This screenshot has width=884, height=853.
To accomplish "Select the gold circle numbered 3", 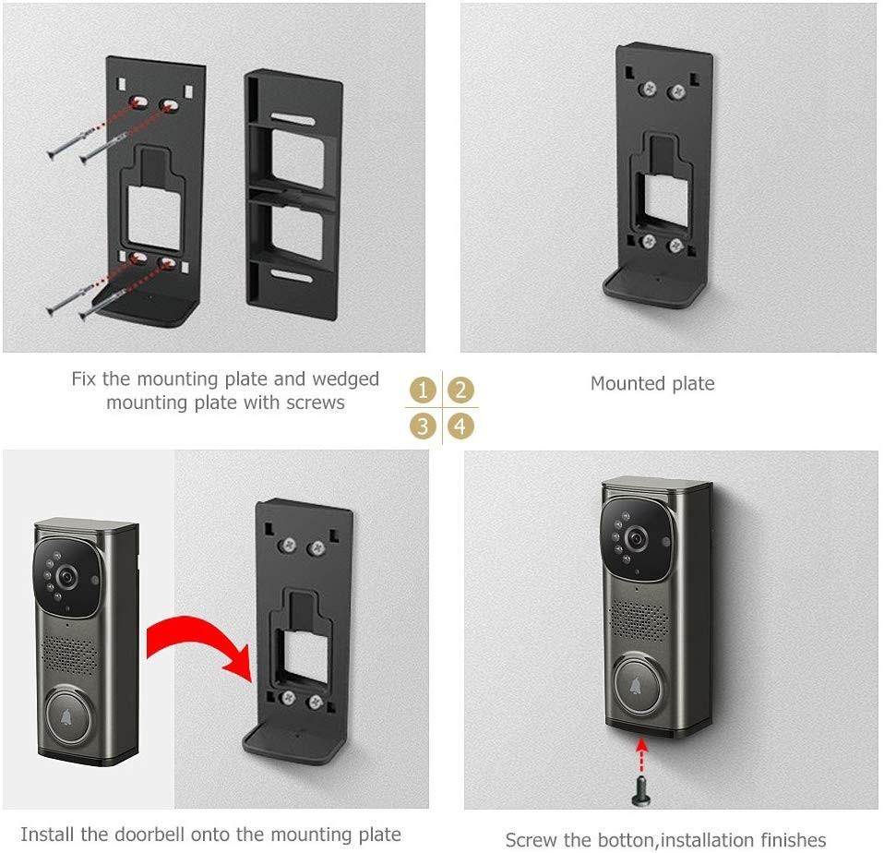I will point(423,426).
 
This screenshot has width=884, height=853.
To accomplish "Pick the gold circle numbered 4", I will point(461,426).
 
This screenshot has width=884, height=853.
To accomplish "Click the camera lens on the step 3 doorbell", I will point(66,575).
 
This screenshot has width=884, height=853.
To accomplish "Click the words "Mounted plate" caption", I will point(652,383).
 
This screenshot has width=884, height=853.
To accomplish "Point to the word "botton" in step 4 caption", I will point(659,839).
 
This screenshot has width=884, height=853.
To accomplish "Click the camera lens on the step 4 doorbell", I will point(636,539).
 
